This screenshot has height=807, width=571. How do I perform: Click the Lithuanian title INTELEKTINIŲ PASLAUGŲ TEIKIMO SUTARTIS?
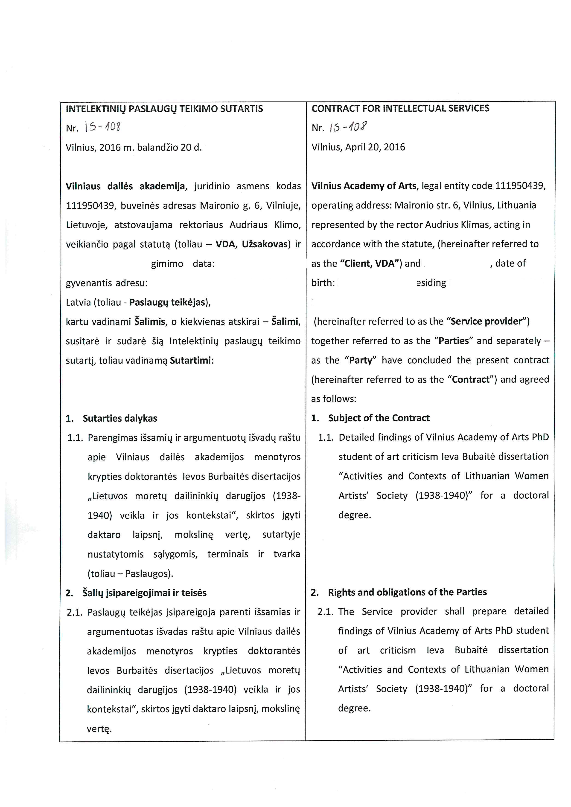pyautogui.click(x=164, y=109)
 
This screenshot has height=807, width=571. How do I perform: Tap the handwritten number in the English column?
pyautogui.click(x=348, y=127)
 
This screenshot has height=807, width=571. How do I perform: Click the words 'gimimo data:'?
pyautogui.click(x=183, y=264)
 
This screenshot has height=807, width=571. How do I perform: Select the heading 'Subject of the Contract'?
pyautogui.click(x=379, y=418)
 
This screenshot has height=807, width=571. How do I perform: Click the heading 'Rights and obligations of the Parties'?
pyautogui.click(x=407, y=592)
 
